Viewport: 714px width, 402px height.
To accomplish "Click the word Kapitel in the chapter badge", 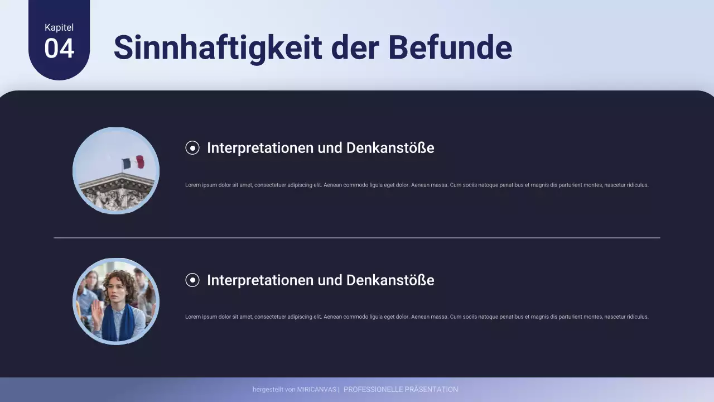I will click(59, 27).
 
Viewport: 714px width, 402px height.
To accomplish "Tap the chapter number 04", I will click(59, 49).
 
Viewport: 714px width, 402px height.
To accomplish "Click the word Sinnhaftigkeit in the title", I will click(218, 47).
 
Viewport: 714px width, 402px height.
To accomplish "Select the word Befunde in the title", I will click(450, 47).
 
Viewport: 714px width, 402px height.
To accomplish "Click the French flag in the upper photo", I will click(133, 162).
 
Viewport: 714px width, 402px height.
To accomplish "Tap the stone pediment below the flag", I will click(116, 193).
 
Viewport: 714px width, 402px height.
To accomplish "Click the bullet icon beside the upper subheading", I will click(192, 148).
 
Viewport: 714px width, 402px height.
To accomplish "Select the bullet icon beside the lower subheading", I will click(192, 280).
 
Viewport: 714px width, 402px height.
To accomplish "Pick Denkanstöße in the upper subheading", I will click(390, 148).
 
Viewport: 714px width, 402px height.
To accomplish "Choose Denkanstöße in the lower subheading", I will click(390, 280).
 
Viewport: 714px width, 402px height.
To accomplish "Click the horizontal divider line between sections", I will click(357, 238).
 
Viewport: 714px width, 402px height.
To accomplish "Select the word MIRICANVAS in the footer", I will click(316, 390).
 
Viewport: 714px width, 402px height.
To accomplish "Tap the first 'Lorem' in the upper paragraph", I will click(192, 185).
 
